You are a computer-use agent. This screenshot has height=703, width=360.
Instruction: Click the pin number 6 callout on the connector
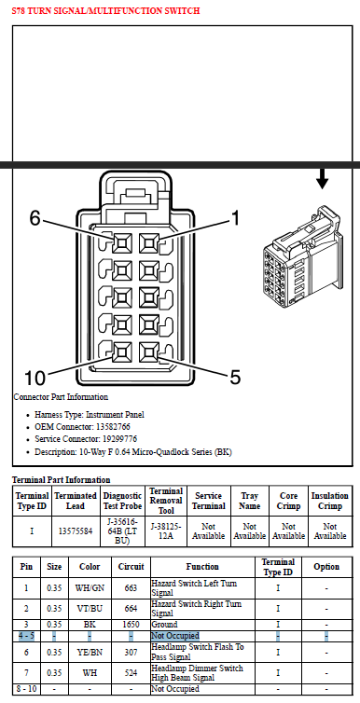click(x=35, y=218)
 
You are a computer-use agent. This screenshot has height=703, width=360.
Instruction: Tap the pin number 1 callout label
click(x=235, y=218)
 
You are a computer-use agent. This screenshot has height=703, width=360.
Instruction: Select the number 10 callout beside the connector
click(x=35, y=378)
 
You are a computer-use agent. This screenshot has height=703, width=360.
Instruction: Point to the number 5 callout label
click(x=235, y=378)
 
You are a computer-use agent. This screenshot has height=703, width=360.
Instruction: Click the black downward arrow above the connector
click(x=322, y=178)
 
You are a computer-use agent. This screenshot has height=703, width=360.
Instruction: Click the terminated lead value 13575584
click(x=76, y=531)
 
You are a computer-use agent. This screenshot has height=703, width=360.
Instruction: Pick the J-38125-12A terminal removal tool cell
click(x=166, y=531)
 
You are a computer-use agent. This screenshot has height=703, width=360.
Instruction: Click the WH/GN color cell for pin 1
click(x=90, y=587)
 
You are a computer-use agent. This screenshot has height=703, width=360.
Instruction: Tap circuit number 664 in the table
click(x=131, y=609)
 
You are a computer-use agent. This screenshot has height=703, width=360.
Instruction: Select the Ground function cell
click(x=164, y=625)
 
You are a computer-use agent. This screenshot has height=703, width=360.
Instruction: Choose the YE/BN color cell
click(x=90, y=653)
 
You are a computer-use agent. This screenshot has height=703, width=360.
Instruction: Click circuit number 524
click(x=131, y=673)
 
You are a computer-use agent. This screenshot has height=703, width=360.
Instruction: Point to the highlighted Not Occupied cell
click(x=174, y=636)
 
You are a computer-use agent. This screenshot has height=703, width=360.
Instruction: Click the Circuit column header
click(x=131, y=567)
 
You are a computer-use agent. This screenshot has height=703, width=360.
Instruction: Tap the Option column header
click(x=326, y=567)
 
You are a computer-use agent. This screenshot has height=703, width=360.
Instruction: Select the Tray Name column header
click(x=250, y=501)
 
